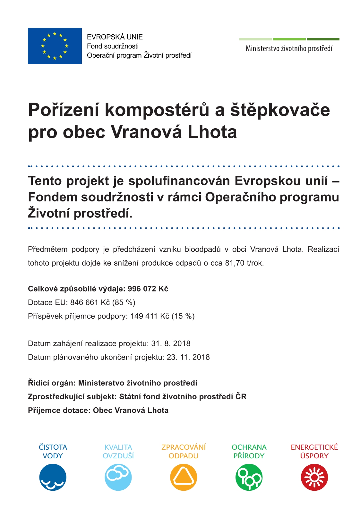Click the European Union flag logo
click(55, 46)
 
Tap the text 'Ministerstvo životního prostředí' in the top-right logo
click(289, 49)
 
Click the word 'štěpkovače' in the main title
click(280, 110)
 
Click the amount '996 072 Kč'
click(148, 289)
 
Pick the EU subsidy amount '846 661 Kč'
click(90, 302)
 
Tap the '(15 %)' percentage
click(183, 316)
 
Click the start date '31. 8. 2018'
click(171, 344)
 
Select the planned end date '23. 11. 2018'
click(188, 357)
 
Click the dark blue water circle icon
click(53, 477)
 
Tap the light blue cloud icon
click(118, 477)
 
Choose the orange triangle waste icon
click(184, 477)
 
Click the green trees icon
click(249, 477)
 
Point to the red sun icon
click(314, 477)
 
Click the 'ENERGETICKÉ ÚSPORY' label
click(314, 451)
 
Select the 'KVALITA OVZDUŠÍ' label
click(118, 451)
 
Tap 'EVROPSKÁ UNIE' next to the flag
click(115, 37)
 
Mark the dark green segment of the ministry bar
click(323, 39)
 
